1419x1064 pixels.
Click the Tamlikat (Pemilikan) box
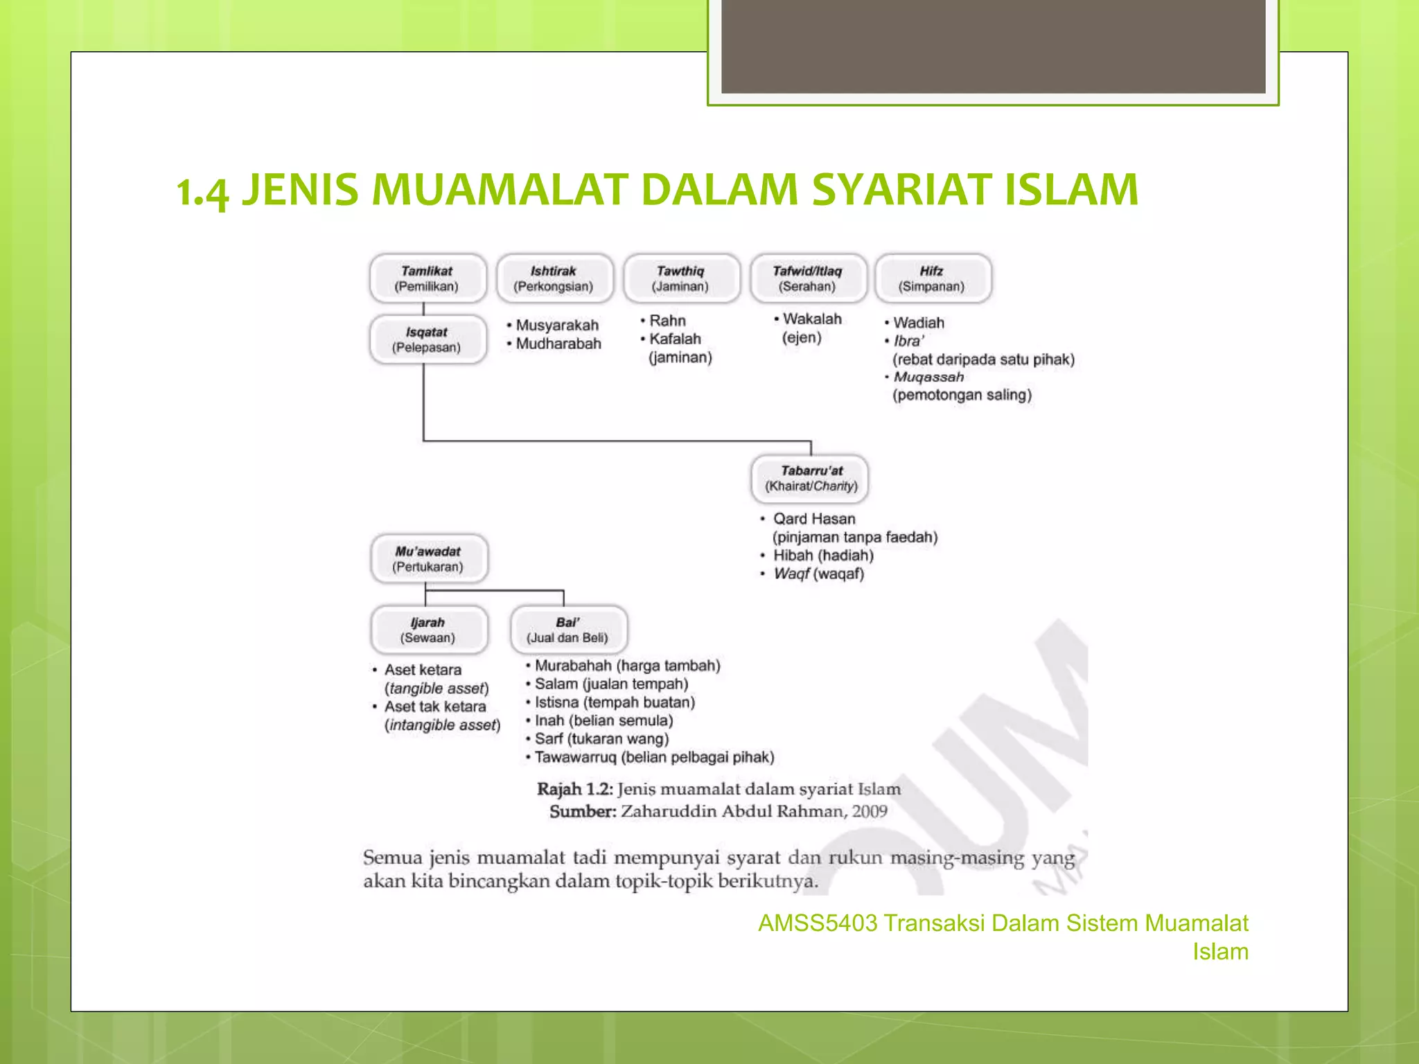428,278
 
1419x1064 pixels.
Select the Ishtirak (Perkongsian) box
554,278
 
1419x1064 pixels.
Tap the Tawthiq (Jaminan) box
680,278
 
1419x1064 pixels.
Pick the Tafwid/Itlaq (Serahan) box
808,278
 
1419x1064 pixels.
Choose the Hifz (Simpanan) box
933,278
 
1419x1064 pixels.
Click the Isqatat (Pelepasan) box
428,339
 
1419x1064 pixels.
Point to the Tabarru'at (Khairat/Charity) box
811,479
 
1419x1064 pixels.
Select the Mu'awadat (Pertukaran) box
428,559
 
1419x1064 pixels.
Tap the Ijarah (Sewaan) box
428,630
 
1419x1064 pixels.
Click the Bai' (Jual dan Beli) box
568,630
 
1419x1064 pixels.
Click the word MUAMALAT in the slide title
500,190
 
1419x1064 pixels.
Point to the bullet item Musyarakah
557,326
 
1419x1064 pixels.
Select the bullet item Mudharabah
558,344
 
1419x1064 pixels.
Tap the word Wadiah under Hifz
919,323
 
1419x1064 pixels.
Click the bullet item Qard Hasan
814,519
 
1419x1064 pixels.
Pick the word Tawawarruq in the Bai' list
575,757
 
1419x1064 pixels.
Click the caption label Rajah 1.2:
575,789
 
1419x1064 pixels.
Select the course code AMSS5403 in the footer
818,923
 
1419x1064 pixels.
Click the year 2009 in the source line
870,811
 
